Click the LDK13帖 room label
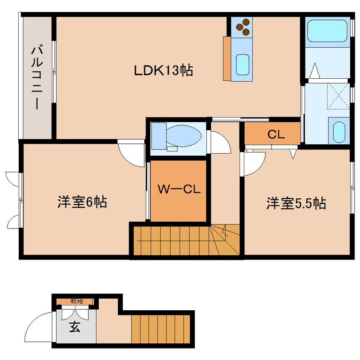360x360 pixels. click(x=163, y=70)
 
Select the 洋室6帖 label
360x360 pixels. click(x=82, y=202)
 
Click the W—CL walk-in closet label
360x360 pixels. click(x=179, y=189)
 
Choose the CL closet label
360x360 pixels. click(x=276, y=134)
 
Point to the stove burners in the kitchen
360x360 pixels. click(x=243, y=26)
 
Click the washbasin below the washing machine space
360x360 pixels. click(x=339, y=132)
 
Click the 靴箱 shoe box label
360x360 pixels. click(x=76, y=301)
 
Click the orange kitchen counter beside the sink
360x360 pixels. click(x=226, y=58)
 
